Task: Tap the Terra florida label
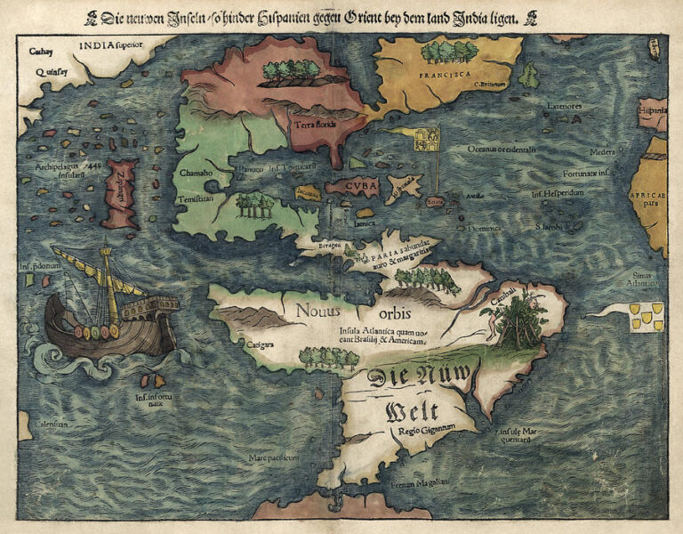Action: (314, 125)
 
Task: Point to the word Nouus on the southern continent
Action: (318, 311)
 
